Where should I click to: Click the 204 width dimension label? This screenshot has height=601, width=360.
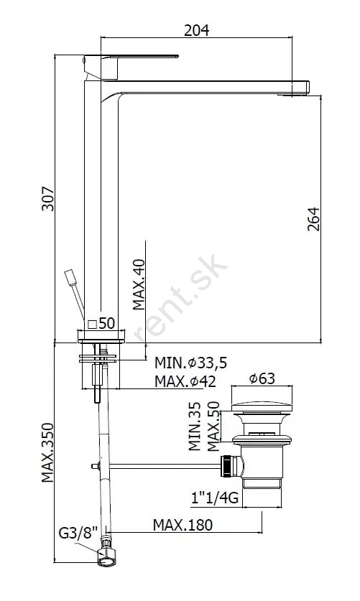pyautogui.click(x=196, y=30)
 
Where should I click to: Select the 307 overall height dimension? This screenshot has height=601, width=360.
pyautogui.click(x=48, y=199)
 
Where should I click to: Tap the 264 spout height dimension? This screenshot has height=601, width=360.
pyautogui.click(x=313, y=219)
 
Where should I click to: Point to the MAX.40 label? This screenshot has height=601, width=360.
pyautogui.click(x=139, y=284)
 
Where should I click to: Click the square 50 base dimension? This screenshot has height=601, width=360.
pyautogui.click(x=101, y=323)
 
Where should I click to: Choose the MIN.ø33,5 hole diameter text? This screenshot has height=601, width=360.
pyautogui.click(x=190, y=362)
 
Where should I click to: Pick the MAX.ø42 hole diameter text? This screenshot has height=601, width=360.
pyautogui.click(x=185, y=381)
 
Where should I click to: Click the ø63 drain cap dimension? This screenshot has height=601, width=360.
pyautogui.click(x=262, y=378)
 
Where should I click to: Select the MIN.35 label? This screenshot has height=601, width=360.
pyautogui.click(x=195, y=426)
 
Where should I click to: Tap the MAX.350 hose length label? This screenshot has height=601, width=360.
pyautogui.click(x=47, y=452)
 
